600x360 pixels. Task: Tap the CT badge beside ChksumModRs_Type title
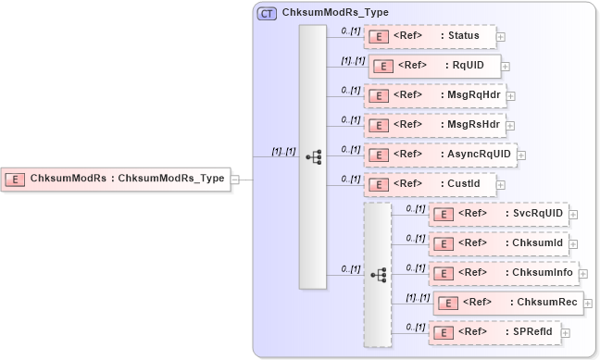click(x=267, y=13)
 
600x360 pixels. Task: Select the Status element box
click(x=430, y=37)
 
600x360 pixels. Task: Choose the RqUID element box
click(x=435, y=66)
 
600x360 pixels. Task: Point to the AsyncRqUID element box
click(x=440, y=154)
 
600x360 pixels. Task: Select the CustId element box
click(x=430, y=183)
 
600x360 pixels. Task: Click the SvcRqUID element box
click(x=498, y=214)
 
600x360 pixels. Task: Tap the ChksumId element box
click(x=498, y=243)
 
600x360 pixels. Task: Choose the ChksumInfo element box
click(x=503, y=273)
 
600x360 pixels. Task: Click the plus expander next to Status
click(x=501, y=38)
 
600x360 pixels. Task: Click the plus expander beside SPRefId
click(x=566, y=332)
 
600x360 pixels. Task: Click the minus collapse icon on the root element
click(x=235, y=180)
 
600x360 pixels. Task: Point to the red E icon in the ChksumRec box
click(x=448, y=303)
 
